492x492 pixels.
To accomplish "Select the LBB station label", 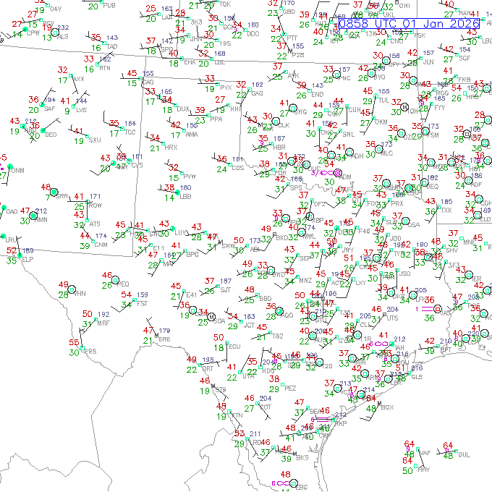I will (186, 196).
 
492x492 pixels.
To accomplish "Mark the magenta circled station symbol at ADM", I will (337, 174).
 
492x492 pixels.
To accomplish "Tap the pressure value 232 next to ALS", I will (63, 28).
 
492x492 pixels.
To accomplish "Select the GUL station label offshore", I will (464, 454).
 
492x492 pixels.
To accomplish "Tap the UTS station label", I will (393, 318).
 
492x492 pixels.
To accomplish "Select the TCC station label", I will (130, 132).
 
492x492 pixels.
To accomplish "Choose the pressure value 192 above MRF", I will (103, 315).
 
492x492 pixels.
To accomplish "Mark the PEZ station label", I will (291, 388).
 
